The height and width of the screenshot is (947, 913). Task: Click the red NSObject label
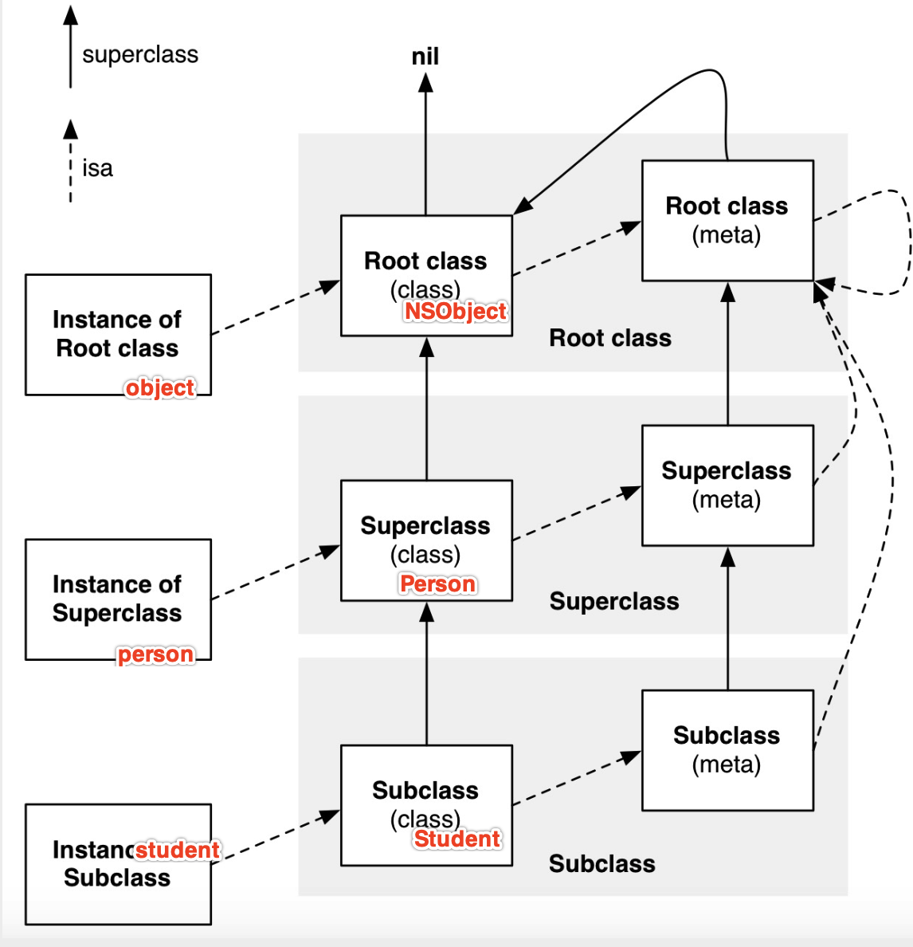tap(455, 311)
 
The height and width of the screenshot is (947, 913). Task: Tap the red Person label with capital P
tap(437, 584)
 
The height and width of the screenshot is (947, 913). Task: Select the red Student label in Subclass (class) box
tap(457, 839)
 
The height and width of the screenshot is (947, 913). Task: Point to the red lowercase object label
tap(159, 387)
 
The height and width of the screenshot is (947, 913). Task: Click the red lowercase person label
tap(155, 654)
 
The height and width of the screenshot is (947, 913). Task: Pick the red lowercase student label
tap(177, 850)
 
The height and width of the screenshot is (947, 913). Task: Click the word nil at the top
tap(425, 57)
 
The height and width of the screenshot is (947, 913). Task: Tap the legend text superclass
tap(140, 54)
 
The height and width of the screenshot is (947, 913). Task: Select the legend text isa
tap(97, 168)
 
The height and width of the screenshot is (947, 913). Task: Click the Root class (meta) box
tap(727, 220)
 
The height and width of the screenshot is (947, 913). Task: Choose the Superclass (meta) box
tap(727, 485)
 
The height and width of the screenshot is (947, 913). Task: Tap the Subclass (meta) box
tap(727, 749)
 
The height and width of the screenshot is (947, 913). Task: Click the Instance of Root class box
tap(118, 334)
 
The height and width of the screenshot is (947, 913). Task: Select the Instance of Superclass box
tap(118, 599)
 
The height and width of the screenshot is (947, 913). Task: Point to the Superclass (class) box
tap(426, 540)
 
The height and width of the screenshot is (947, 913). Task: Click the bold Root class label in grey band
tap(610, 338)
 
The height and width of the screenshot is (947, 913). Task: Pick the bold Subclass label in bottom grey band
tap(602, 863)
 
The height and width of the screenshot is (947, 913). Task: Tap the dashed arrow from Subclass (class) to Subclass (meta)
tap(577, 777)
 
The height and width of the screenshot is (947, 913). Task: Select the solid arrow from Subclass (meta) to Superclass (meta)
tap(727, 619)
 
